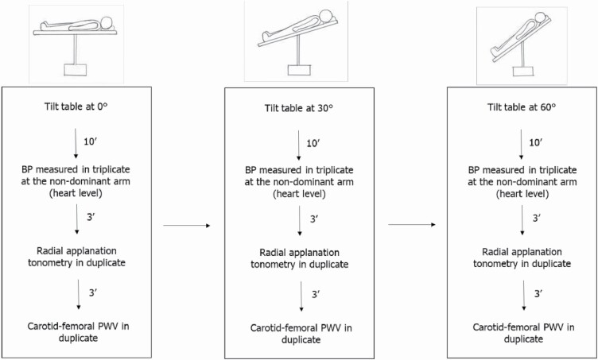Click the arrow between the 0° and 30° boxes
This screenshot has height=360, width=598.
(x=184, y=226)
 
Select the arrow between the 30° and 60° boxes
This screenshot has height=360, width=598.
(x=410, y=226)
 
